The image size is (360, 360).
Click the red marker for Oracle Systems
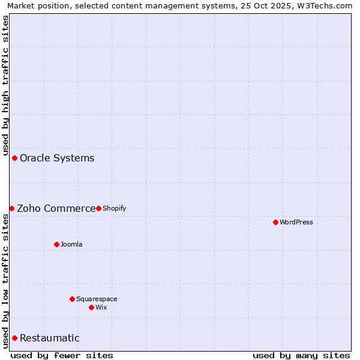point(14,158)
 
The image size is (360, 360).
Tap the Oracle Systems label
point(57,158)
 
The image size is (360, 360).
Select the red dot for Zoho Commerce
point(11,208)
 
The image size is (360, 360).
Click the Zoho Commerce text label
point(56,209)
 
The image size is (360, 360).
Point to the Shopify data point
point(98,208)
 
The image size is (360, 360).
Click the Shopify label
point(114,209)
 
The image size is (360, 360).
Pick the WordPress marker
point(275,222)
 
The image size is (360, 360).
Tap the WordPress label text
point(296,223)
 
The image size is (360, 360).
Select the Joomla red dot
point(56,244)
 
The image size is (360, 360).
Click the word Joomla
point(71,245)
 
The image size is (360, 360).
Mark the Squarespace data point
point(72,299)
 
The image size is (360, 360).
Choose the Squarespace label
point(97,299)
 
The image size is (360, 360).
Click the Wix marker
point(91,307)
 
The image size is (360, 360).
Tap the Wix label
point(101,308)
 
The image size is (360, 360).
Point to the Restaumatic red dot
point(14,338)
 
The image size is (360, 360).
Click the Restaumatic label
point(50,338)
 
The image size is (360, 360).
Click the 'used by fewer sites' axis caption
point(62,355)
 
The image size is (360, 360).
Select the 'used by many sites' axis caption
point(301,355)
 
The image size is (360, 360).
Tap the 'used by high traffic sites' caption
point(6,84)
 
